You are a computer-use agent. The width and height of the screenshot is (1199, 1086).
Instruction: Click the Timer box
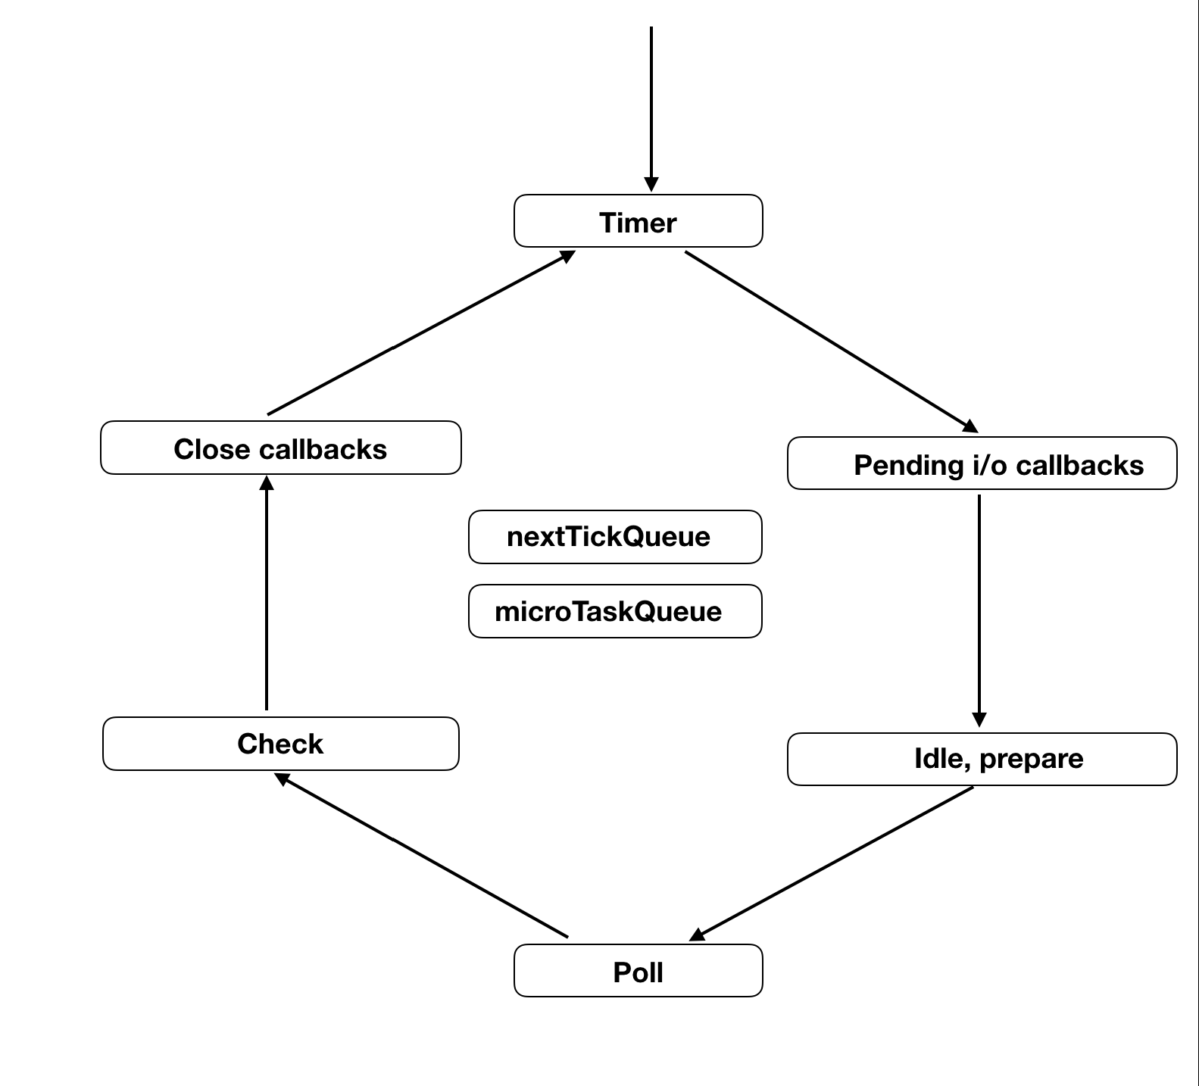[x=638, y=221]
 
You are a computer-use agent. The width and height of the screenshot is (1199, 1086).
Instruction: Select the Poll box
[x=638, y=971]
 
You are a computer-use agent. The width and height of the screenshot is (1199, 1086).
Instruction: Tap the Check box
[x=280, y=744]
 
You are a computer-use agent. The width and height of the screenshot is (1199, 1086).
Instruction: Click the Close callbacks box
[x=280, y=448]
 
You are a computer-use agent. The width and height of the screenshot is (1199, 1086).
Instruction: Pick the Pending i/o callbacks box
[x=982, y=463]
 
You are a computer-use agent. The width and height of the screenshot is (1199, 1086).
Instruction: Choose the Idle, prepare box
[x=982, y=759]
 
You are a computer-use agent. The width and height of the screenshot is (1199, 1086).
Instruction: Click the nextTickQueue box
[x=614, y=537]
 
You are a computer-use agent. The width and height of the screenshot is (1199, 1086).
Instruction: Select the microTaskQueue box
[x=614, y=611]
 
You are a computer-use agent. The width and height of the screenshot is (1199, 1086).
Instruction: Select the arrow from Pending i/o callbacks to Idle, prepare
[x=979, y=606]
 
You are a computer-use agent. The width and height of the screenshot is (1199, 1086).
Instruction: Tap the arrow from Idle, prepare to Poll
[x=833, y=863]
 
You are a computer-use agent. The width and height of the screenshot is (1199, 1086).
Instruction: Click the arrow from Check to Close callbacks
[x=267, y=594]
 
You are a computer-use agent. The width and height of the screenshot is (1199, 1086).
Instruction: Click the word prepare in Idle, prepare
[x=1031, y=759]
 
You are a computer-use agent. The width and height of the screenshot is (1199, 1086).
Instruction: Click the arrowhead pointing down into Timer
[x=651, y=185]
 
